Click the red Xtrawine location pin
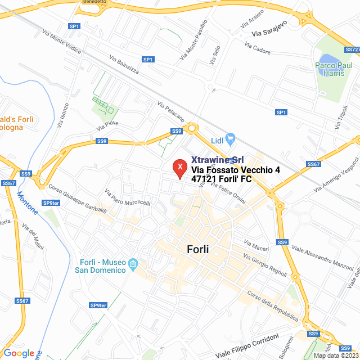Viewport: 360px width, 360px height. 179,168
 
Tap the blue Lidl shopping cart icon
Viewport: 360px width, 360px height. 229,138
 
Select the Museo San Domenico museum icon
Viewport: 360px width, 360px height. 133,263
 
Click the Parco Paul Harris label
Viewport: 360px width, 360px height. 337,69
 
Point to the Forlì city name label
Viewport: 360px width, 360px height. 197,249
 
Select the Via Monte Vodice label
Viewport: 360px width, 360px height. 61,42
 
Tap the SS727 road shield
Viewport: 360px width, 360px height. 353,49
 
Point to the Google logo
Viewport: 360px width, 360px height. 19,353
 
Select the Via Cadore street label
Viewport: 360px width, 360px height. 257,49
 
